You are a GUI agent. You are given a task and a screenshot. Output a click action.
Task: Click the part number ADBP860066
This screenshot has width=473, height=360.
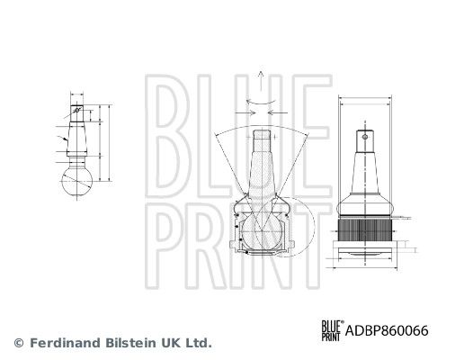pyautogui.click(x=387, y=330)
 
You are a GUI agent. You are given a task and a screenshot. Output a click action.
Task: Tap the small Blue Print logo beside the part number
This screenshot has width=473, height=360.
pyautogui.click(x=333, y=330)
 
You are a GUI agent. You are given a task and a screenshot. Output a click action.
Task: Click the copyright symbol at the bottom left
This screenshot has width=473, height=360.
pyautogui.click(x=19, y=343)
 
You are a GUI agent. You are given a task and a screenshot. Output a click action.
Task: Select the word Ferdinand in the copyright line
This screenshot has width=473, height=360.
pyautogui.click(x=65, y=343)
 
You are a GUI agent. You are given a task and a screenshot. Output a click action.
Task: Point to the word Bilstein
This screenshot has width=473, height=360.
pyautogui.click(x=131, y=343)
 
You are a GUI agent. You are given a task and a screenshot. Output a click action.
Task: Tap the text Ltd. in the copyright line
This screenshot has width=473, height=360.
pyautogui.click(x=198, y=343)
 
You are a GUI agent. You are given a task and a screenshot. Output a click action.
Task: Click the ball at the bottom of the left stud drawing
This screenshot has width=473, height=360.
pyautogui.click(x=76, y=181)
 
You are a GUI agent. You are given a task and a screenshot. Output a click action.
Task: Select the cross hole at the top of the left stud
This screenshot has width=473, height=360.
pyautogui.click(x=76, y=110)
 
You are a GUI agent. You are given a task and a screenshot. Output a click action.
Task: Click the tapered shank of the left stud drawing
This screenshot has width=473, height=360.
pyautogui.click(x=77, y=139)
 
